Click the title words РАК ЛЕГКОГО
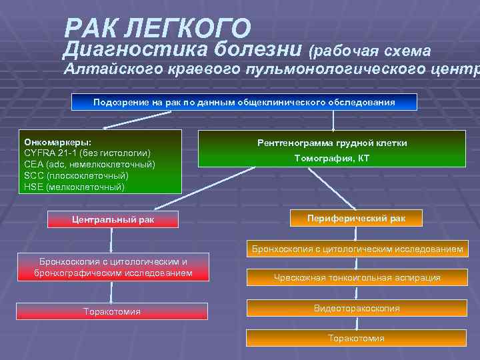[158, 28]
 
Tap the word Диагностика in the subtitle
[137, 49]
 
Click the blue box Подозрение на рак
[244, 102]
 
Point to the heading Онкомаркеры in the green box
[58, 143]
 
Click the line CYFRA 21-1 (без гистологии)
[87, 153]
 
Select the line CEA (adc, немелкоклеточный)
[89, 164]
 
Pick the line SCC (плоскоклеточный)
[76, 175]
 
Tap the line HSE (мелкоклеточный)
[74, 187]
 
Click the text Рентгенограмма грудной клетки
[332, 143]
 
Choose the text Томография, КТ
[332, 158]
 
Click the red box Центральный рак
[113, 219]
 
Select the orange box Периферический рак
[355, 218]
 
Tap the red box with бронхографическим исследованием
[113, 267]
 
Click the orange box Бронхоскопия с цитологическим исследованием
[356, 249]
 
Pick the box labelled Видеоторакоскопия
[356, 308]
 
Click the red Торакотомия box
[111, 311]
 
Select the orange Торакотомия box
[356, 338]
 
